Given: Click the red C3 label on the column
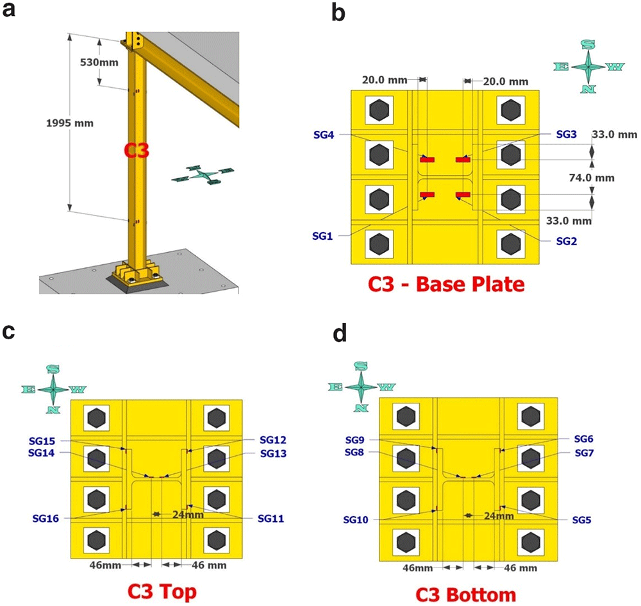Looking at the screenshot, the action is [137, 151].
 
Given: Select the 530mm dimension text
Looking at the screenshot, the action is [99, 62].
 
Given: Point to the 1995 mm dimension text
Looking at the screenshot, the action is [70, 122].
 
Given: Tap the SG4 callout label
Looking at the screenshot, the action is [324, 135].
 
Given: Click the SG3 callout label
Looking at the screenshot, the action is [566, 134].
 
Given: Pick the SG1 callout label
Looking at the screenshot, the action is [322, 236].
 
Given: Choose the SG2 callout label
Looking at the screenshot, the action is [567, 241].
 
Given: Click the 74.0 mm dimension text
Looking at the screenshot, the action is [592, 178].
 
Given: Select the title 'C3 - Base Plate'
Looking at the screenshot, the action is [446, 284].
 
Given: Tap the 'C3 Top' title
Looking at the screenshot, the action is [162, 591].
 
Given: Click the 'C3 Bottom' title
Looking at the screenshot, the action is [465, 594].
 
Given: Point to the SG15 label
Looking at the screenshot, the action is [42, 441].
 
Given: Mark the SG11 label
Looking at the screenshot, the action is [271, 519].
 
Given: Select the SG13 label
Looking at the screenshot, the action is [274, 453].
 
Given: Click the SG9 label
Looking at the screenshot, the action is [354, 440].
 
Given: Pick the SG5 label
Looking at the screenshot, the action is [582, 520].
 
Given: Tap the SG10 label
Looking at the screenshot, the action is [356, 519].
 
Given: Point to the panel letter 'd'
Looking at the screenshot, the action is [340, 333].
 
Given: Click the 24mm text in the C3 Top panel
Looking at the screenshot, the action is [188, 514].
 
